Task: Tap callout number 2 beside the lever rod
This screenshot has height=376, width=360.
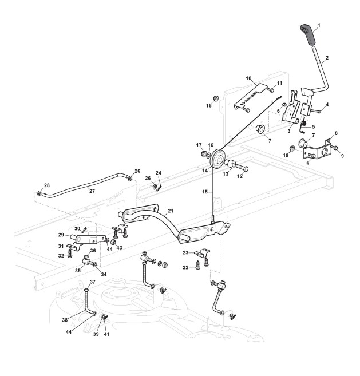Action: pos(327,58)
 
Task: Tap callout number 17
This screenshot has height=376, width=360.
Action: pos(200,145)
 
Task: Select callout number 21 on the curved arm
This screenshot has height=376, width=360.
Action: pos(170,212)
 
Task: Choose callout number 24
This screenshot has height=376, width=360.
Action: pos(158,172)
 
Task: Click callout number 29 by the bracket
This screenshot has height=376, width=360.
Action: pos(61,235)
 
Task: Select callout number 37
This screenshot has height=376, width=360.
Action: pos(92,282)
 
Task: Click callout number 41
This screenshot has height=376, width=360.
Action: pos(106,334)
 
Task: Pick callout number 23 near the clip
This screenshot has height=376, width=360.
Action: pos(185,252)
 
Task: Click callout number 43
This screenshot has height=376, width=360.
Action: pos(118,248)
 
